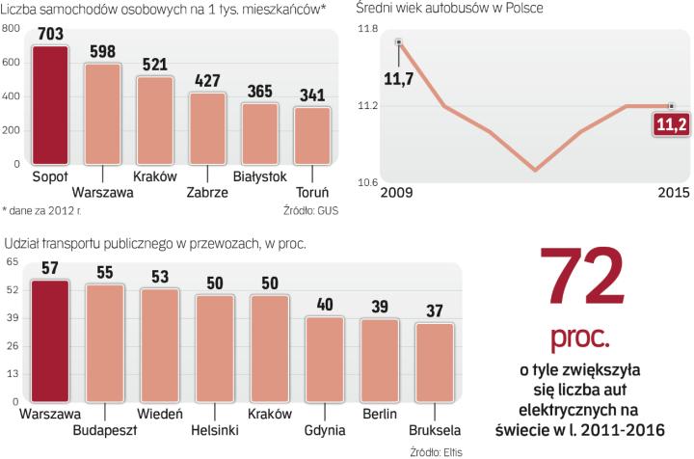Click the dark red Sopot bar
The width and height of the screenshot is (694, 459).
pyautogui.click(x=50, y=107)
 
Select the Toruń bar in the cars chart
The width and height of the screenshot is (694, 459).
pyautogui.click(x=311, y=136)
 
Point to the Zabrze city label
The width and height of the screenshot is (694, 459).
pyautogui.click(x=207, y=192)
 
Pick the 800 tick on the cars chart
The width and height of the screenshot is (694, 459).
pyautogui.click(x=12, y=29)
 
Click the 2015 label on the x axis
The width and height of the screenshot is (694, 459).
pyautogui.click(x=672, y=192)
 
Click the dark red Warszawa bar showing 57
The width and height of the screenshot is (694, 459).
pyautogui.click(x=50, y=340)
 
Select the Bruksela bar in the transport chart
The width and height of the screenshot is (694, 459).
pyautogui.click(x=434, y=363)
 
